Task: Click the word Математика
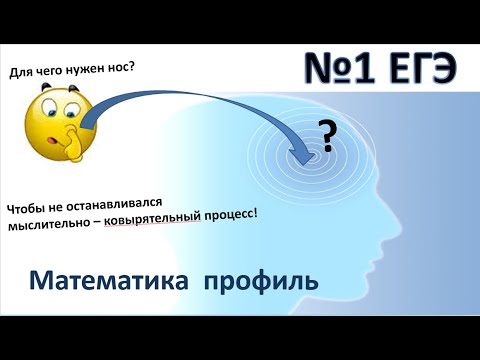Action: point(107,279)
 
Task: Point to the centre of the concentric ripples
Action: point(310,154)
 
